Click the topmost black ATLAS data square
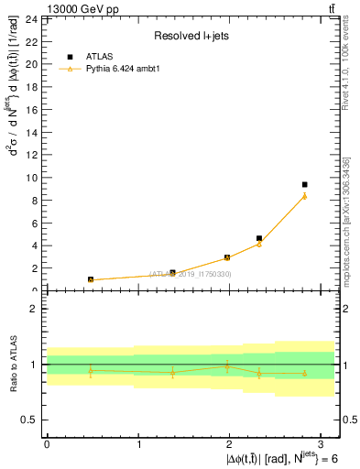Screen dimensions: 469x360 (304, 184)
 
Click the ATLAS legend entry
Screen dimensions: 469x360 (99, 55)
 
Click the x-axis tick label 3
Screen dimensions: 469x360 (322, 443)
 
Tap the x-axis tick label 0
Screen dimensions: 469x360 (47, 443)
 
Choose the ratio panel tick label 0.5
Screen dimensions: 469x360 (27, 420)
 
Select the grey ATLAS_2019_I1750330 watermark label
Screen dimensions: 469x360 (191, 274)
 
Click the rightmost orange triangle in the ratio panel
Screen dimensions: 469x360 (304, 373)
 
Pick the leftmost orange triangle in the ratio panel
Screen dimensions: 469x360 (91, 370)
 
